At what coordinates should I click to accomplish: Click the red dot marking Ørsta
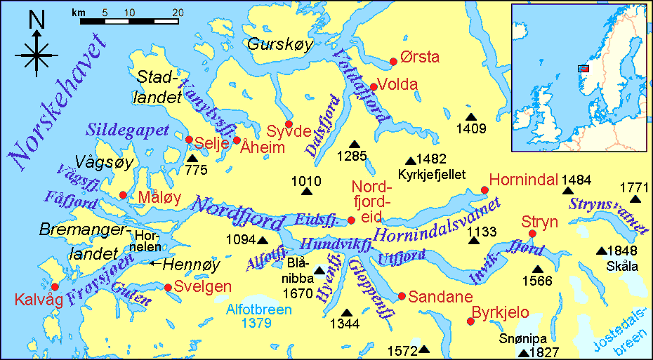(393, 62)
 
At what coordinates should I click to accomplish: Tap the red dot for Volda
(374, 87)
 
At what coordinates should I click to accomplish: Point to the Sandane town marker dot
(402, 296)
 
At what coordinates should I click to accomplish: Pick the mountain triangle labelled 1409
(470, 116)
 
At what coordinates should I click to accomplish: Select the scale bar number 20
(178, 13)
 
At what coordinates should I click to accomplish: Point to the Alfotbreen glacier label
(258, 309)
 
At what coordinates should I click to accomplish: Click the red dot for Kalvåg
(55, 286)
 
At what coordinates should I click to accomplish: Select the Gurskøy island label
(279, 44)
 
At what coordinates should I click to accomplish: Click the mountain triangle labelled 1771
(635, 199)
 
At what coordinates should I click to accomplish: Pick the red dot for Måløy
(124, 195)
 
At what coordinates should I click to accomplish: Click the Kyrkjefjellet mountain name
(432, 173)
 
